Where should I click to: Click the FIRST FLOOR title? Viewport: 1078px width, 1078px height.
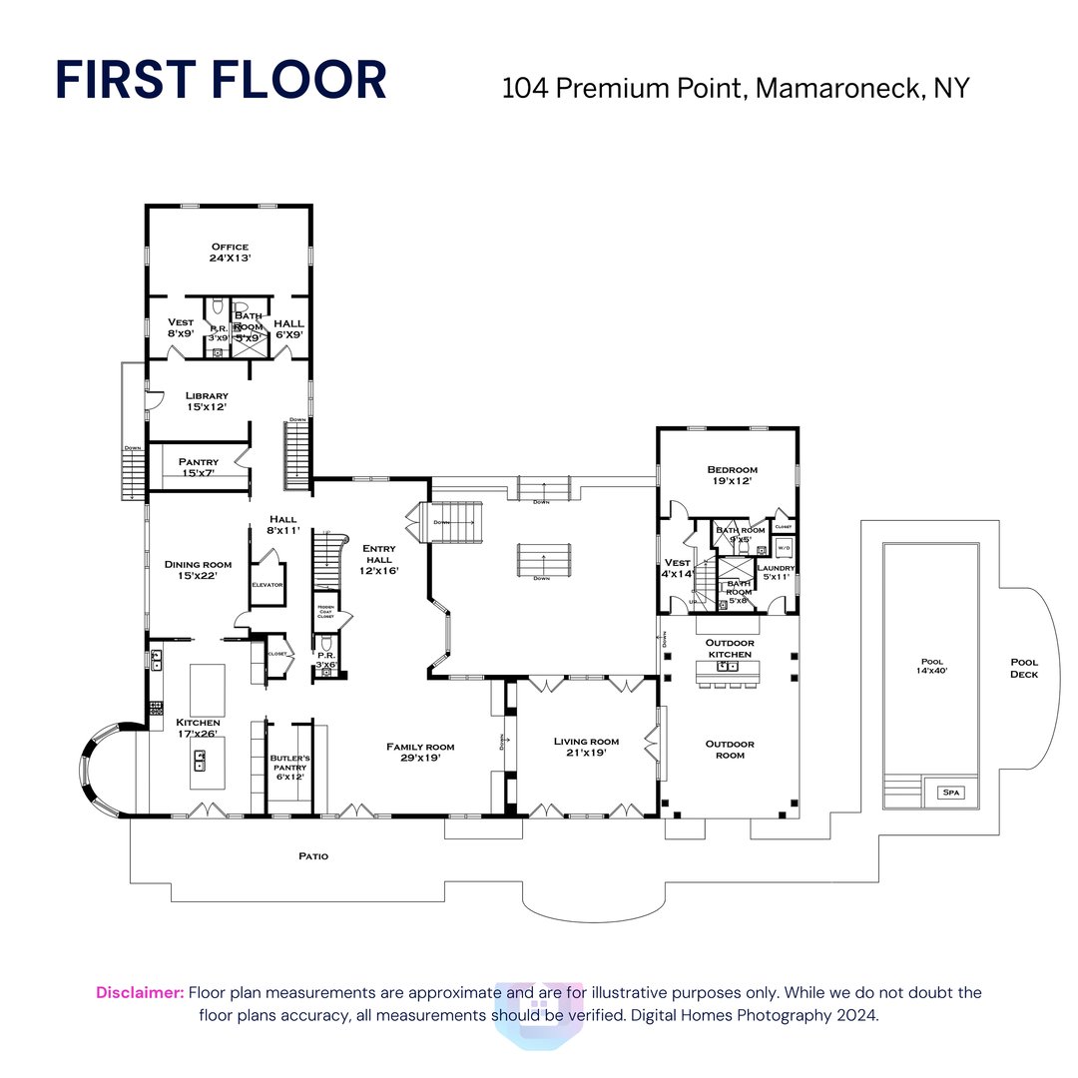pos(221,81)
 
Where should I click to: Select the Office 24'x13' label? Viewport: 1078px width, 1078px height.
pos(230,252)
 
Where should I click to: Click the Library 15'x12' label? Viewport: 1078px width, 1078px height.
pos(207,401)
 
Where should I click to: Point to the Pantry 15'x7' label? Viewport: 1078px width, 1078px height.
pos(198,466)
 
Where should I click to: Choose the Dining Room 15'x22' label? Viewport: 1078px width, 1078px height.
pos(191,570)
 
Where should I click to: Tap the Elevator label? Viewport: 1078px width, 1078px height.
pos(268,585)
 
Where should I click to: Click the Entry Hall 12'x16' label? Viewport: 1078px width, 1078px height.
pos(379,559)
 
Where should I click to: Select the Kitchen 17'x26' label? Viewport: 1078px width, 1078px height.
pos(198,729)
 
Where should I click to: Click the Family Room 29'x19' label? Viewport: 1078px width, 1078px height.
pos(420,752)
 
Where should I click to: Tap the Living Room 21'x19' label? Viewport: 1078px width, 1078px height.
pos(586,747)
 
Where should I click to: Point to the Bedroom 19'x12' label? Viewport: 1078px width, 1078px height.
pos(732,475)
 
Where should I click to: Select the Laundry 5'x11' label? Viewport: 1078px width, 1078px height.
pos(776,572)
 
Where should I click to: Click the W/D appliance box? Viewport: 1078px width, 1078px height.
pos(784,548)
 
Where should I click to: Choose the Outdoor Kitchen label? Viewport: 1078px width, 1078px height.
pos(730,648)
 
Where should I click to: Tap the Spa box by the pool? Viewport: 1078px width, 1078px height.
pos(947,793)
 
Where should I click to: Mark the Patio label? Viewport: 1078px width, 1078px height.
pos(312,856)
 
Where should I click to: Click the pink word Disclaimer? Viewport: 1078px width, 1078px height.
pos(140,992)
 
